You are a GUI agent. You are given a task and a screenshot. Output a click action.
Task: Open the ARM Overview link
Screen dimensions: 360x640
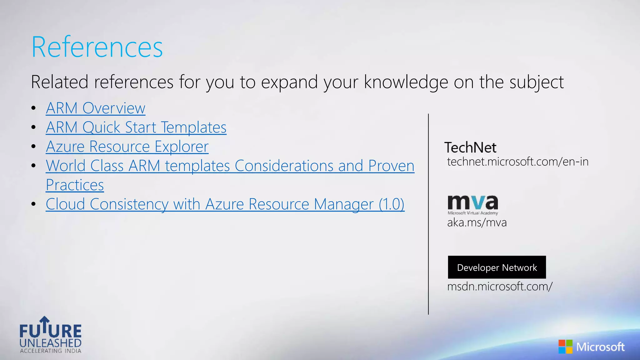point(95,108)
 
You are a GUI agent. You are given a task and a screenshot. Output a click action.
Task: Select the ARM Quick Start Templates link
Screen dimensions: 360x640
point(136,127)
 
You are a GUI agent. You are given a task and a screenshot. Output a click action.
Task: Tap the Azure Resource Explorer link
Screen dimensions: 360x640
point(127,147)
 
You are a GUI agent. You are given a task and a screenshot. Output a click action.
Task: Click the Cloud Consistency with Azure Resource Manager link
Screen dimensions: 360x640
point(225,204)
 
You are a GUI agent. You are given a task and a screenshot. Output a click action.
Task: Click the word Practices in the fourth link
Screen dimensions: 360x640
point(75,185)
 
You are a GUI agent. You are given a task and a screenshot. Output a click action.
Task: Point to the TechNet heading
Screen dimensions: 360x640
point(470,147)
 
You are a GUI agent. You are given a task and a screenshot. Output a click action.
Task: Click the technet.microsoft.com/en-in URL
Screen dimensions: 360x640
point(517,162)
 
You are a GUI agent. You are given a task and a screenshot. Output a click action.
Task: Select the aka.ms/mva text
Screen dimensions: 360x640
point(477,222)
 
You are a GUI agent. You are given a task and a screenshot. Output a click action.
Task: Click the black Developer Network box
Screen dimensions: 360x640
point(497,267)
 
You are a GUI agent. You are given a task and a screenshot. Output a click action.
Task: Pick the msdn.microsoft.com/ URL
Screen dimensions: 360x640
point(500,286)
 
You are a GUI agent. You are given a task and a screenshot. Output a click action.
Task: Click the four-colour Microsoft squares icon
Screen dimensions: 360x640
point(565,347)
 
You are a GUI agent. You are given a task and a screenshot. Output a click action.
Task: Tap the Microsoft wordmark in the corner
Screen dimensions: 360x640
point(600,347)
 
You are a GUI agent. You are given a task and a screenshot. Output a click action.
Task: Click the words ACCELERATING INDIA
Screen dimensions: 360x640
point(51,351)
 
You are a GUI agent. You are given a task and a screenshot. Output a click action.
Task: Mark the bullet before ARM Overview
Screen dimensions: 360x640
point(34,108)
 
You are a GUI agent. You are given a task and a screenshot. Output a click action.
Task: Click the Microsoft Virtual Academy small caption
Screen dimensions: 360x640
point(472,213)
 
